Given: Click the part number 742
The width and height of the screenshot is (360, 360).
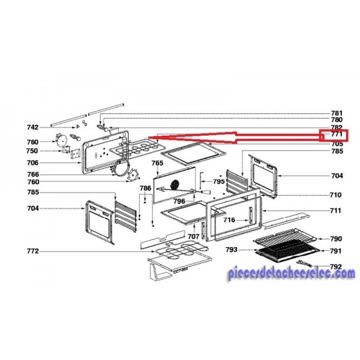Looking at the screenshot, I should tap(32, 127).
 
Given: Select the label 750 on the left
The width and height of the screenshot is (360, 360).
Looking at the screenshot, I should tap(32, 151).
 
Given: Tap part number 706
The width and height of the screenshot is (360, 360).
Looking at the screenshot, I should tap(32, 163).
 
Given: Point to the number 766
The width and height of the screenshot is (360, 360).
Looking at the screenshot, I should tap(32, 175).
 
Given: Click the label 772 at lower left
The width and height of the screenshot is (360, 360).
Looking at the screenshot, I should tap(32, 250).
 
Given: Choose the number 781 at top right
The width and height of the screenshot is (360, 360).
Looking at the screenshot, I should tap(337, 113).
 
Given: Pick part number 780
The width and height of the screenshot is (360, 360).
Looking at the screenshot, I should tap(337, 120).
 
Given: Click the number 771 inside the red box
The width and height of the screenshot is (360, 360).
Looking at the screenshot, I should tap(337, 136).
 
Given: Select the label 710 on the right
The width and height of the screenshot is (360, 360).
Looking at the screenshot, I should tap(335, 195).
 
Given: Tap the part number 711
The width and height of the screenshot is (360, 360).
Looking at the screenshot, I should tap(335, 211).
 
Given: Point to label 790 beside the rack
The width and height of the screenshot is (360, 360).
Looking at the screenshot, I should tap(336, 239).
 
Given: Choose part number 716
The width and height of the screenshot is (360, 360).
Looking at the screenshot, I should tap(229, 220).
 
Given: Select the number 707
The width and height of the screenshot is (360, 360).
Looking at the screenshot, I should tap(193, 237).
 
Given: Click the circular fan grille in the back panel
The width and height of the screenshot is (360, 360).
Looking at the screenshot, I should tap(175, 183).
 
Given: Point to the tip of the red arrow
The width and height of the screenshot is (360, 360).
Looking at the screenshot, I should tap(148, 137).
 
